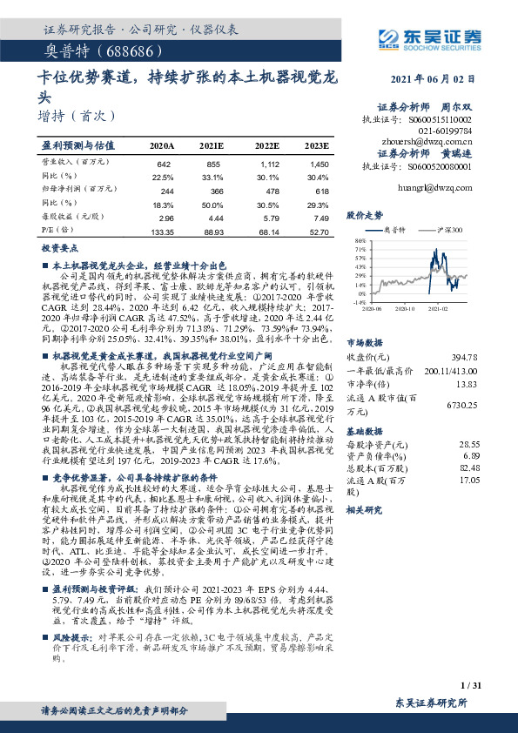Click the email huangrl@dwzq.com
pos(440,185)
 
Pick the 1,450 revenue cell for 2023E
pos(319,165)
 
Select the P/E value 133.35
pos(163,232)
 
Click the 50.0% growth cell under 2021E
pos(213,204)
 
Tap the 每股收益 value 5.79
pos(271,219)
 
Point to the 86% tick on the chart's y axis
pos(360,240)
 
